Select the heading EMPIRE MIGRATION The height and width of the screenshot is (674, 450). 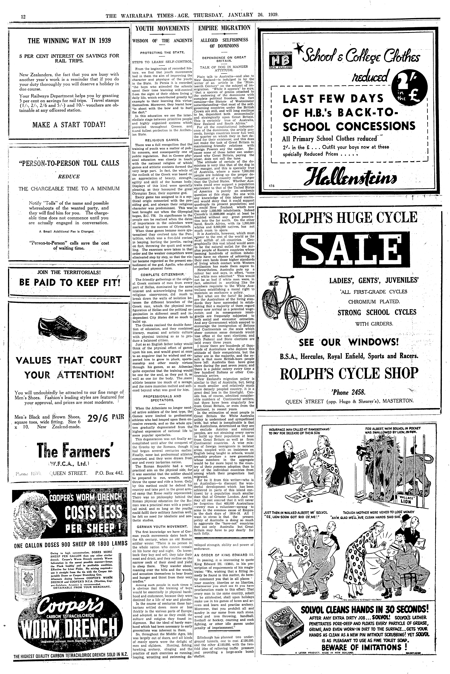point(224,28)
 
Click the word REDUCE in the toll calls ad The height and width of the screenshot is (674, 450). point(69,177)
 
